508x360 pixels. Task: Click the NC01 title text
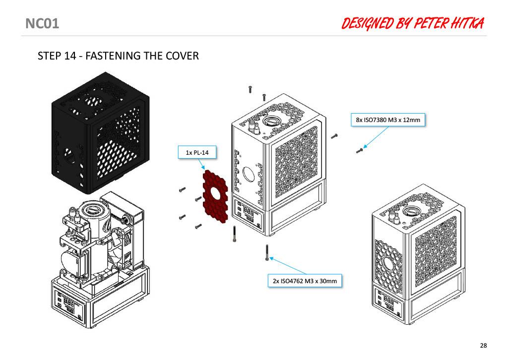click(x=42, y=24)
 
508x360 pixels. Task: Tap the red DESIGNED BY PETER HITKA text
click(x=413, y=23)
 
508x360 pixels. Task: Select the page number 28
click(x=483, y=346)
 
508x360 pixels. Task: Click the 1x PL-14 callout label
click(x=197, y=153)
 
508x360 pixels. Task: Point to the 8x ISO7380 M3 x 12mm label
click(x=388, y=120)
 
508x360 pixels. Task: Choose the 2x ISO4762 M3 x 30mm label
click(x=305, y=281)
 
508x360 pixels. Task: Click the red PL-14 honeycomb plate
click(x=215, y=197)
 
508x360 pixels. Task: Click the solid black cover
click(x=100, y=133)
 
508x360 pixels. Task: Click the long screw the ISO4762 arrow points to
click(x=267, y=253)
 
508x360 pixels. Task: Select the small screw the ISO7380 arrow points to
click(x=359, y=151)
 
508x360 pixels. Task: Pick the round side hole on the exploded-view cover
click(x=249, y=175)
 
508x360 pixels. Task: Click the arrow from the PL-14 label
click(x=200, y=164)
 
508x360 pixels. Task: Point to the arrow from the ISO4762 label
click(x=288, y=266)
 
